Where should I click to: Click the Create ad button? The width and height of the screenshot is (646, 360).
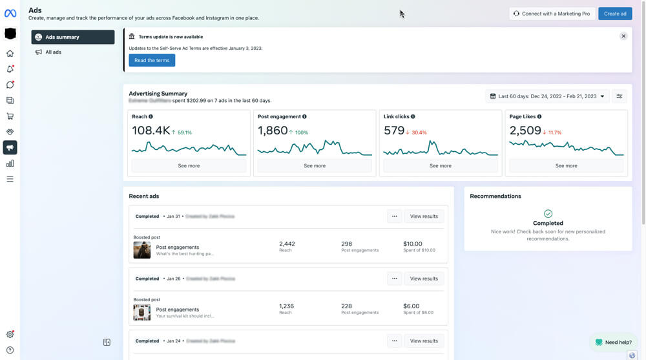click(614, 14)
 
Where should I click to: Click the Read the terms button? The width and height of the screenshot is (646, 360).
click(152, 60)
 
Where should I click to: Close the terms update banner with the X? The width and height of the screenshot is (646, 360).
click(623, 36)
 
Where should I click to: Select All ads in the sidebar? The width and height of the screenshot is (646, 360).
click(53, 52)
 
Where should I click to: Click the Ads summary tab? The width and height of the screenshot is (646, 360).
click(72, 37)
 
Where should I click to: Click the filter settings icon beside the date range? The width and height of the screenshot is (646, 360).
click(619, 96)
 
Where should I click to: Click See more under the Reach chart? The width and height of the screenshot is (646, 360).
click(189, 165)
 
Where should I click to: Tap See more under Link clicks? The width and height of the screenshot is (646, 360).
click(441, 165)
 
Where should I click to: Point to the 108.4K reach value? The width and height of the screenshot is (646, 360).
click(151, 131)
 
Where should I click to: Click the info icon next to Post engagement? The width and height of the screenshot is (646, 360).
click(304, 117)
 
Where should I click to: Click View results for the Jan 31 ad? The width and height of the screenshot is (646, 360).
click(424, 217)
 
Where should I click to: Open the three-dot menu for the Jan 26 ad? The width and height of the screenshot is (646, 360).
click(394, 279)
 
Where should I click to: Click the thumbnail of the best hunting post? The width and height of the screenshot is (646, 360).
click(141, 250)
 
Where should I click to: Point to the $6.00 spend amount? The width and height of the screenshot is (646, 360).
click(411, 306)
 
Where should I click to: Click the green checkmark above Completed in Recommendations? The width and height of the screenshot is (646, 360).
click(548, 213)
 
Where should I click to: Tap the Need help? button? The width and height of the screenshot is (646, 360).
click(613, 342)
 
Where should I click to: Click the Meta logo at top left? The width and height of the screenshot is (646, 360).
click(10, 13)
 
